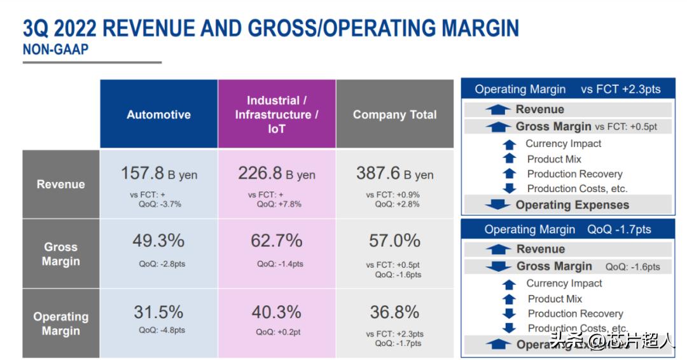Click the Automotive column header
click(x=158, y=114)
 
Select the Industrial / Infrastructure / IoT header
click(x=277, y=114)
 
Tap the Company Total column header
click(x=394, y=114)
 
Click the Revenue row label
click(x=60, y=184)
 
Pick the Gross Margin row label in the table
click(x=60, y=254)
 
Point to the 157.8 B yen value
click(x=158, y=173)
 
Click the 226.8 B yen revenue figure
click(x=277, y=173)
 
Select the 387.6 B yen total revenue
click(x=394, y=173)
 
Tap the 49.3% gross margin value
click(x=158, y=240)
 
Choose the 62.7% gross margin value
click(x=277, y=240)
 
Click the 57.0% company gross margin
click(x=394, y=240)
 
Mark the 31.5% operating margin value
click(x=158, y=312)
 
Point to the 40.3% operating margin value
click(x=277, y=312)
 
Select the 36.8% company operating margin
click(x=394, y=312)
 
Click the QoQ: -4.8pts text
click(x=162, y=330)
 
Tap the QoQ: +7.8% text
click(x=279, y=204)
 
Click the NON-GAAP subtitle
click(x=55, y=50)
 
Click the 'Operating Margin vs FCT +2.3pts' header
click(x=567, y=90)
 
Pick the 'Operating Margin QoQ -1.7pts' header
click(x=567, y=230)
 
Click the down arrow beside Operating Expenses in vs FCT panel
click(x=497, y=205)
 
